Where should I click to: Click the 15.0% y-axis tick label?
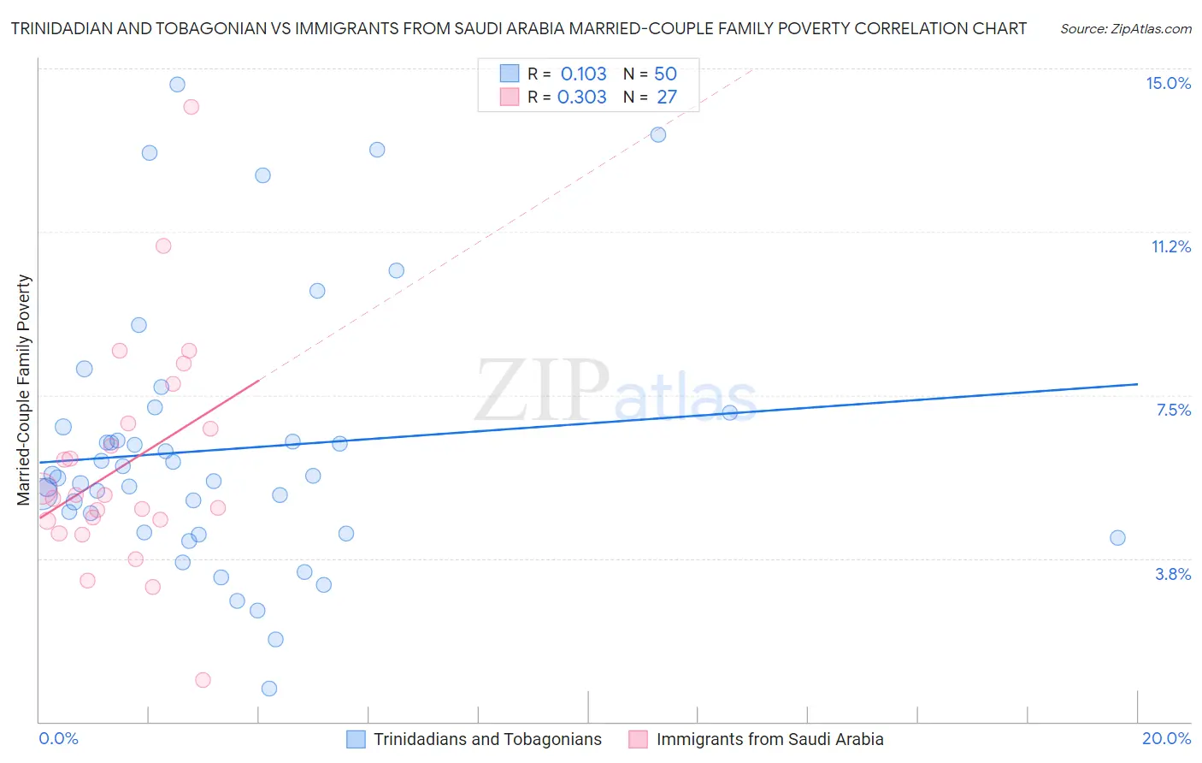point(1168,83)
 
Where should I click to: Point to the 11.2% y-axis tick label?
point(1170,246)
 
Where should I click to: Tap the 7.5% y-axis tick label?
point(1173,410)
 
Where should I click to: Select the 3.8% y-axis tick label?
point(1173,574)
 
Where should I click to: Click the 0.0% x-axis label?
point(58,738)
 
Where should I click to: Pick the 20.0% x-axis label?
point(1166,738)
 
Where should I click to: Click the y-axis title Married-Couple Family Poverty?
point(24,390)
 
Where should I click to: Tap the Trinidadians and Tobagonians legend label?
point(487,739)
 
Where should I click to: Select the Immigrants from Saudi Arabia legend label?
point(769,739)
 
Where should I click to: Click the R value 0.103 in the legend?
point(583,74)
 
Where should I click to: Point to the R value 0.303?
point(581,97)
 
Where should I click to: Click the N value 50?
point(665,74)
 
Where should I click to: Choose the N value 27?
point(667,97)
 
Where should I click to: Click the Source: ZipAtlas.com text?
point(1125,28)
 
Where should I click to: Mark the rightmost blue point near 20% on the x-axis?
point(1117,538)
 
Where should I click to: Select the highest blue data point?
point(177,84)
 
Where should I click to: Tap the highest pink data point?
point(191,107)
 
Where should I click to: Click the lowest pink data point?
point(203,680)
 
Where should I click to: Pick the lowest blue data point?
point(269,689)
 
